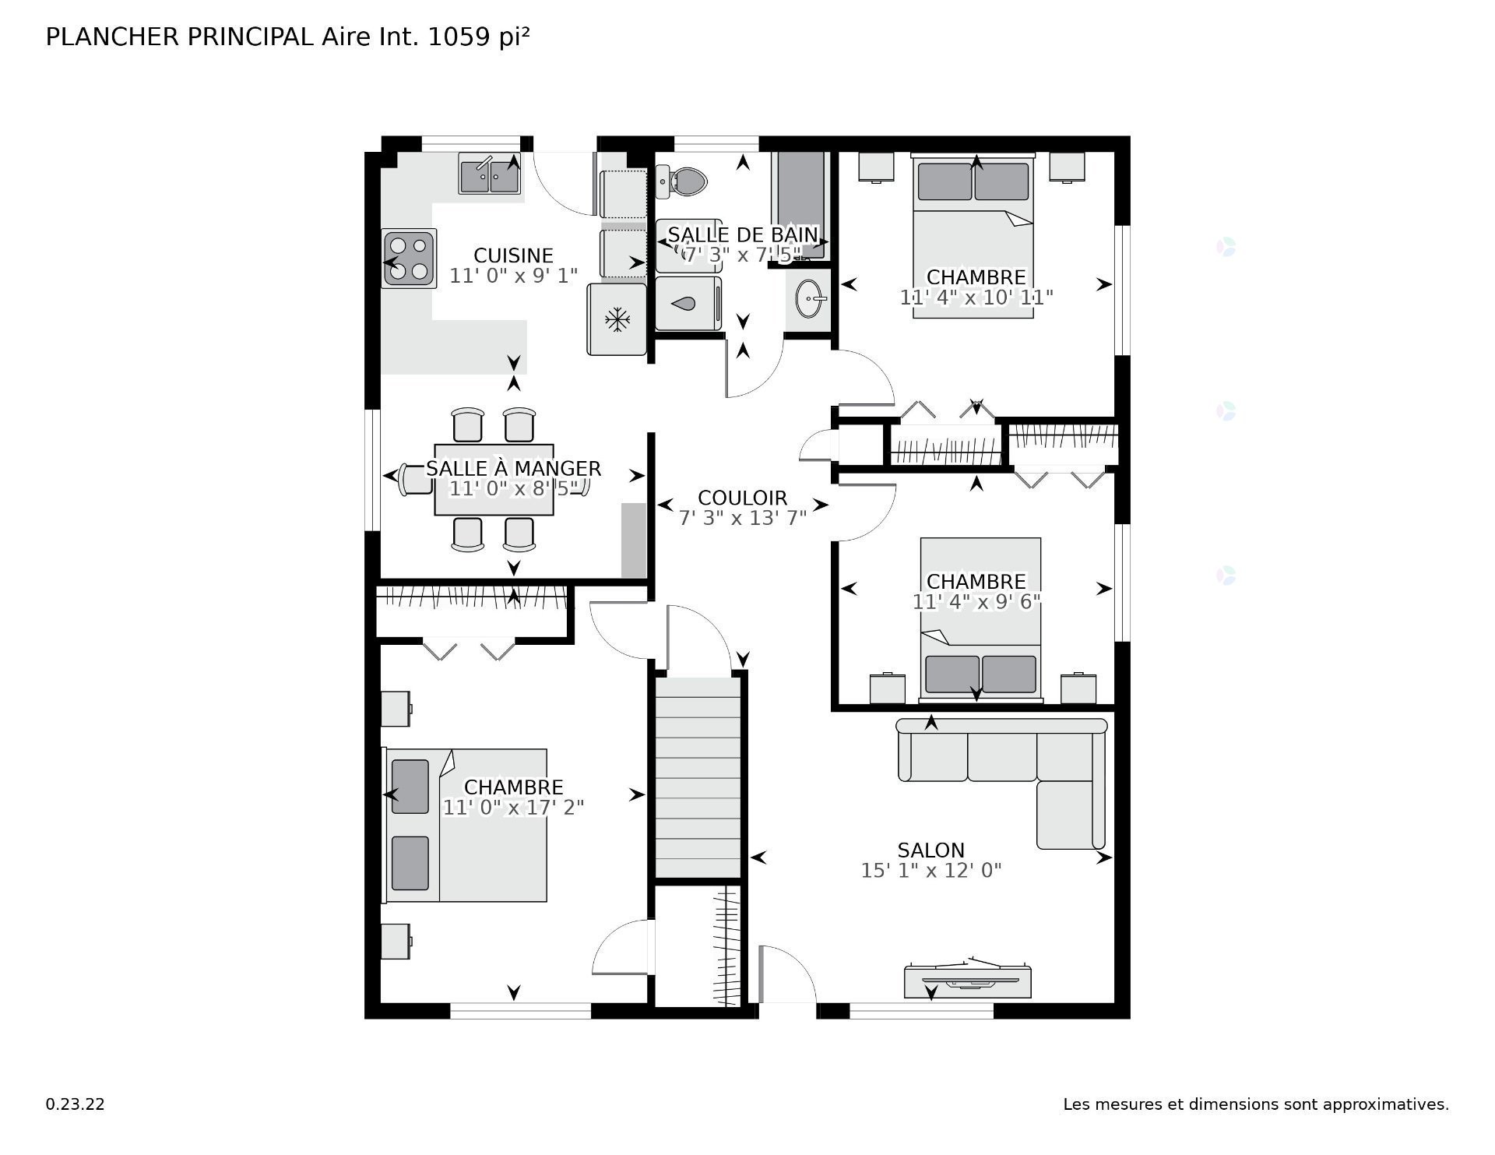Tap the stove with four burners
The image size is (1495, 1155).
coord(409,259)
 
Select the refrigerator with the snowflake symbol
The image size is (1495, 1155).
coord(617,319)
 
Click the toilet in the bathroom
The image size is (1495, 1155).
coord(684,181)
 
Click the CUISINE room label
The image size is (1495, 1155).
coord(513,255)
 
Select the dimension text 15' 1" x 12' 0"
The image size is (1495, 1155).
coord(930,871)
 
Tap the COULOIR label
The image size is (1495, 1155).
coord(742,498)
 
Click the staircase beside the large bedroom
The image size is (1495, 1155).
coord(698,779)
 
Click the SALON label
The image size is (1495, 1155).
coord(930,850)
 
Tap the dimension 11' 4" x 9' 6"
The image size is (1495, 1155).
coord(976,602)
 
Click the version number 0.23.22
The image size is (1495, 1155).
coord(75,1104)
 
